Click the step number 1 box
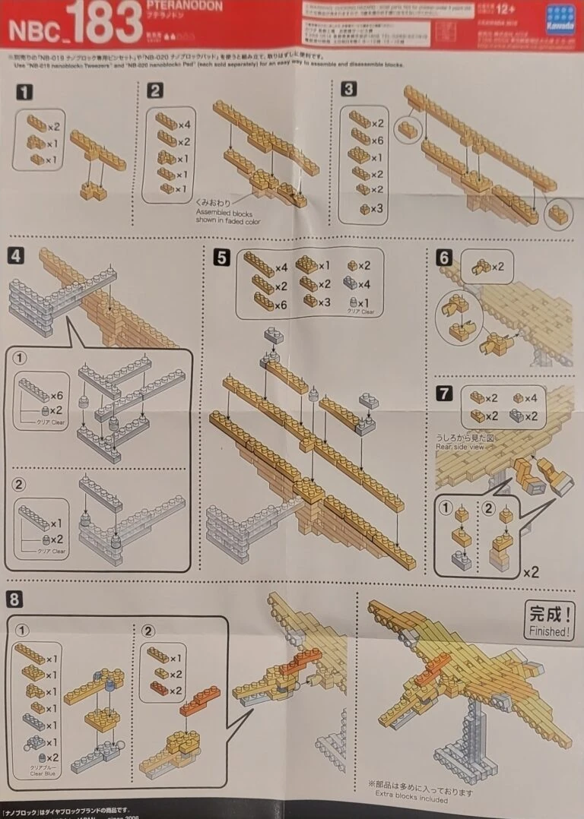point(26,93)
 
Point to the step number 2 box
point(156,91)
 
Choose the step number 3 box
point(348,90)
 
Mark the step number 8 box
point(14,599)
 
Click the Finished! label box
point(549,620)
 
